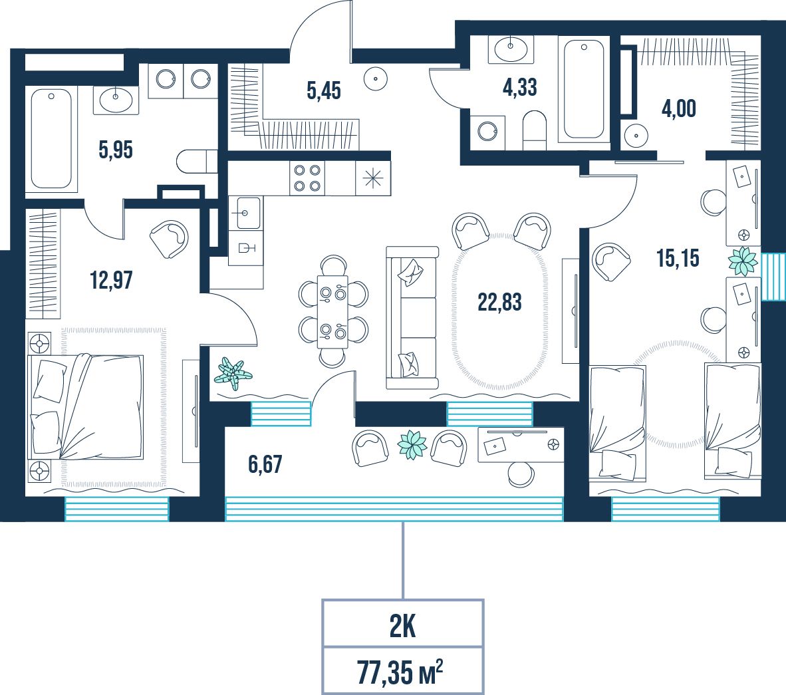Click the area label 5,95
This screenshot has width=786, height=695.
(116, 150)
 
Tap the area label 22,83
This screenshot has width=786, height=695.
(499, 303)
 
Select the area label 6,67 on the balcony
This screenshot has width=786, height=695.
(265, 464)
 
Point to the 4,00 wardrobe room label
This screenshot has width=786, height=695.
(679, 109)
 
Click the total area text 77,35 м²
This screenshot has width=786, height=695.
(400, 672)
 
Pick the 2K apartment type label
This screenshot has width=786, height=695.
(402, 626)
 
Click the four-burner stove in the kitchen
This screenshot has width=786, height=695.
(307, 178)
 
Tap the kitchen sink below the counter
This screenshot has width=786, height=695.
(245, 213)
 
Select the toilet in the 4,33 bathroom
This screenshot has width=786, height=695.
(535, 130)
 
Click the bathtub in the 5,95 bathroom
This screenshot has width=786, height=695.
(52, 138)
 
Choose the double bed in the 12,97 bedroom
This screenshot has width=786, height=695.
(86, 406)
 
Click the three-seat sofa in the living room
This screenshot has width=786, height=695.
(412, 318)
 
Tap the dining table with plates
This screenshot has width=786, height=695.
(333, 311)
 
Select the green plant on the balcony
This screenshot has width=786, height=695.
(412, 444)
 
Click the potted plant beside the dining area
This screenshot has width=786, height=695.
(233, 374)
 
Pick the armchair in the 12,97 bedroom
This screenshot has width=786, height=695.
(169, 239)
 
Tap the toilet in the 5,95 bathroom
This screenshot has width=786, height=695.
(197, 161)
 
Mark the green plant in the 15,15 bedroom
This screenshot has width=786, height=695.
(742, 261)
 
